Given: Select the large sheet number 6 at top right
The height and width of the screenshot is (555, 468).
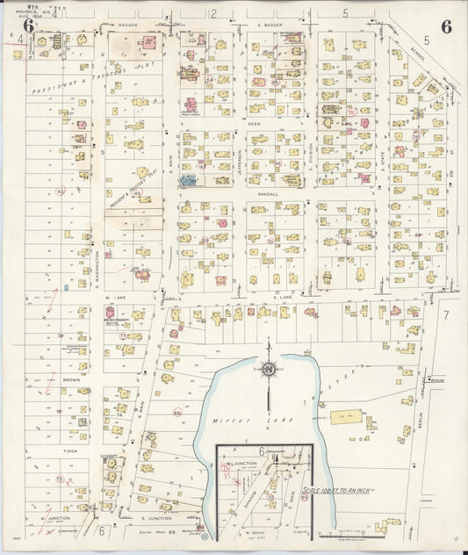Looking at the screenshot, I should [446, 26].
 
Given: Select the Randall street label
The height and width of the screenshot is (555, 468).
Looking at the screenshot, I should [267, 194].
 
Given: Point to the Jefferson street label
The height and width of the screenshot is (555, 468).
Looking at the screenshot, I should [240, 160].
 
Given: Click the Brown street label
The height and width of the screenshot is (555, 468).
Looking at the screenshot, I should [70, 379].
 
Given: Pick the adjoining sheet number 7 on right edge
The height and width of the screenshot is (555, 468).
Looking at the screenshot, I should [445, 314].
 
